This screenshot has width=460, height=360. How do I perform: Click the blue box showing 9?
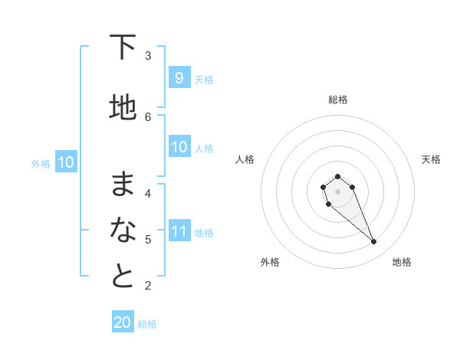point(179,78)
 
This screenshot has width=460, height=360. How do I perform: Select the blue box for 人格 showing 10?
point(179,147)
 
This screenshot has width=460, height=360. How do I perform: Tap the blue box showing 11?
point(179,231)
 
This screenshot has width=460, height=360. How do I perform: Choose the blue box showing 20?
point(123,322)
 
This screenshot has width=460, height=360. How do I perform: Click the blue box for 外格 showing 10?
point(66,162)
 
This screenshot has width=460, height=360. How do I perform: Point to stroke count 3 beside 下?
point(148,55)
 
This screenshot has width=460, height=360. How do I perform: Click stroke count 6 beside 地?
point(148,116)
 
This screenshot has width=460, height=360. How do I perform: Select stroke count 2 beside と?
point(148,286)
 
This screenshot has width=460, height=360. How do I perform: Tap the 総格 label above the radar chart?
point(337,100)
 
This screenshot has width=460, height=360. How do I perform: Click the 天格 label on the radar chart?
point(431,159)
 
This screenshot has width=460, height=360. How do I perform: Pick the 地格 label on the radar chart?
point(402,262)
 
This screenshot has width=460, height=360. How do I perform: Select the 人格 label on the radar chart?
point(245,159)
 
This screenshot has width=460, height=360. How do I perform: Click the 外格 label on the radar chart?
point(270,262)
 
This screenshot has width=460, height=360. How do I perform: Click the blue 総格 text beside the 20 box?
point(147,324)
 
